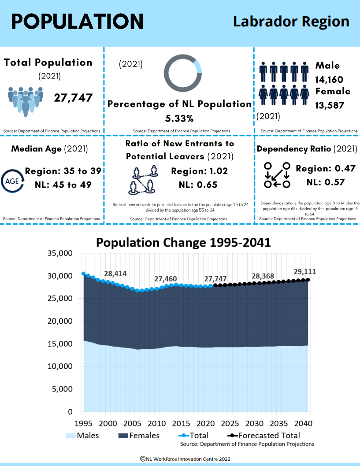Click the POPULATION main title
(x=77, y=21)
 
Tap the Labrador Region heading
(x=291, y=21)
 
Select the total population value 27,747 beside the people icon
(x=73, y=97)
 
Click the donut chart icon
(x=182, y=74)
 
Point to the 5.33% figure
(x=179, y=118)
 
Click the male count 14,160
(x=329, y=80)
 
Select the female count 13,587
(x=329, y=106)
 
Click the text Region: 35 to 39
(x=63, y=171)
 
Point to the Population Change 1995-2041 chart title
(x=183, y=243)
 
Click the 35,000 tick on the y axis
(x=59, y=253)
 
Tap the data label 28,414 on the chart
(x=115, y=274)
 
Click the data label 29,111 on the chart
(x=304, y=271)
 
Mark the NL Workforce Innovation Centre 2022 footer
(x=185, y=459)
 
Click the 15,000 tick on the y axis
(x=59, y=344)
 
